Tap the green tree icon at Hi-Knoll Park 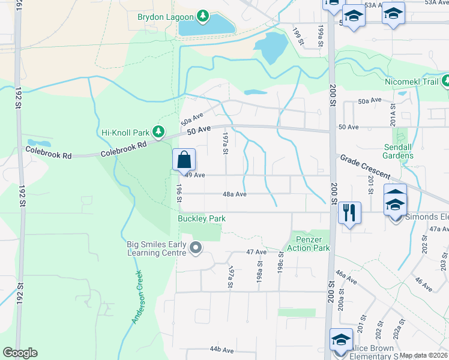158,130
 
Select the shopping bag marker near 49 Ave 184,161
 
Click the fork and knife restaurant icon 349,212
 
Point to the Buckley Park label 202,218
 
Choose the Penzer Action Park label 309,244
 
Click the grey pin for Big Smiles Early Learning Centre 195,248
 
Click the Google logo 20,353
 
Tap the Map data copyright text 423,355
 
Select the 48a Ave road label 235,194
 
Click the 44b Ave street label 221,349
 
